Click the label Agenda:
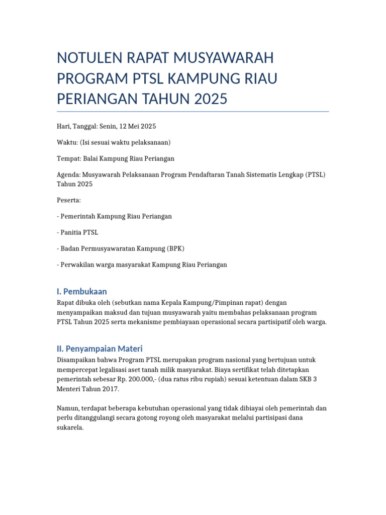[x=69, y=175]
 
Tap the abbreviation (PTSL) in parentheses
[x=316, y=175]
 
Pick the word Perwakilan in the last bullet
[x=76, y=265]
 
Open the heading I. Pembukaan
[x=82, y=292]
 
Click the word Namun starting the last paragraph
[x=68, y=408]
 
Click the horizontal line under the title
[x=193, y=112]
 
